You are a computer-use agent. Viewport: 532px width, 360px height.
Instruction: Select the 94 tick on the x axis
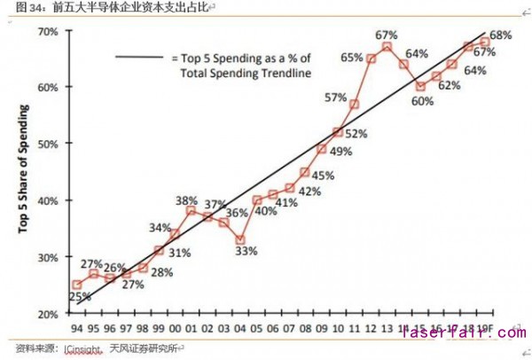pyautogui.click(x=77, y=325)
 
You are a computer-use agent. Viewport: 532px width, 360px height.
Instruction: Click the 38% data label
pyautogui.click(x=186, y=200)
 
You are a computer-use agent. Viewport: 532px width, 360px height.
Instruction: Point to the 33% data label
pyautogui.click(x=246, y=251)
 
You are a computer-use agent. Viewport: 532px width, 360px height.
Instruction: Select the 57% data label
pyautogui.click(x=335, y=97)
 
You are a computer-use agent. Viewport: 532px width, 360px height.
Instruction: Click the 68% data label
pyautogui.click(x=500, y=35)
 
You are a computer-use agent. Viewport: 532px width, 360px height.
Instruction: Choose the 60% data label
pyautogui.click(x=422, y=100)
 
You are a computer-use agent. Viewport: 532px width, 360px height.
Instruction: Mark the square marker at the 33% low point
pyautogui.click(x=239, y=239)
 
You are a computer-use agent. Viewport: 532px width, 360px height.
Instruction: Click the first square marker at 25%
pyautogui.click(x=77, y=285)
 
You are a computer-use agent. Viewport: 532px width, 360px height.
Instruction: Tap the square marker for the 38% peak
pyautogui.click(x=191, y=211)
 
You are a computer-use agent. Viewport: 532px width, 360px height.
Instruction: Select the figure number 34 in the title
pyautogui.click(x=35, y=8)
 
